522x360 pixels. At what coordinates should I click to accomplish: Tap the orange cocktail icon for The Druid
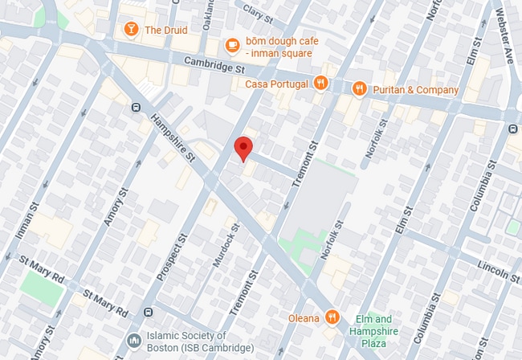click(x=130, y=31)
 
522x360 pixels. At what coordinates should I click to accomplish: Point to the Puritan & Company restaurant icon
click(x=360, y=88)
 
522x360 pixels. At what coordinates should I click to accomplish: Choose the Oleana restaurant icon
click(x=332, y=318)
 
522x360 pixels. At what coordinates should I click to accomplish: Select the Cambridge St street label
click(x=213, y=65)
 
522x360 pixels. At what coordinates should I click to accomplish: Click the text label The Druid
click(x=165, y=31)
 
